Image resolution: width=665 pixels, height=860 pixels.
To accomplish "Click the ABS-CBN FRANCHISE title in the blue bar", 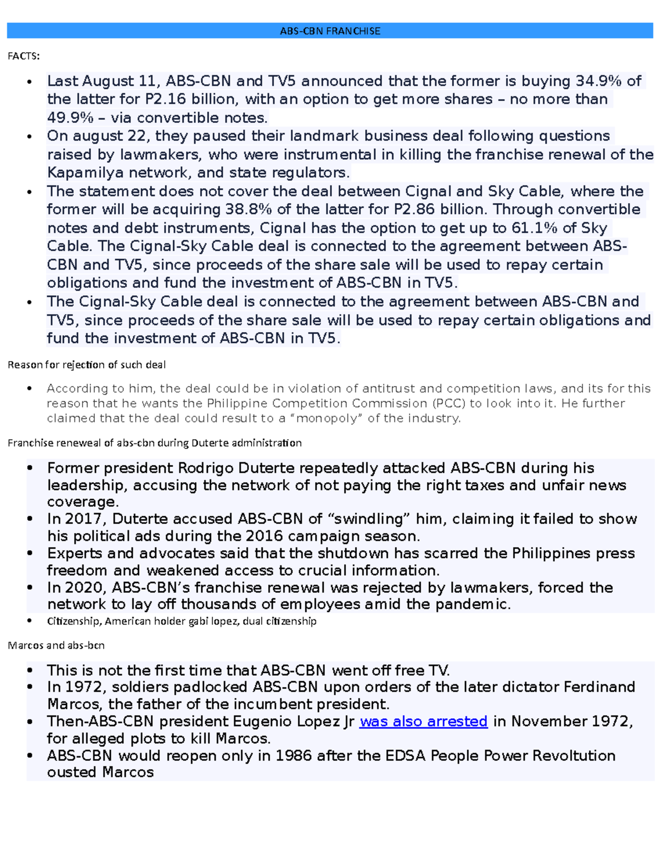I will [x=330, y=31].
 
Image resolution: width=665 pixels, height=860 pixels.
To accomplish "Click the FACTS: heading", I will [x=23, y=56].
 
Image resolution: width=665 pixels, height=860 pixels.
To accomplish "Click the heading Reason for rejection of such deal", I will [x=86, y=365].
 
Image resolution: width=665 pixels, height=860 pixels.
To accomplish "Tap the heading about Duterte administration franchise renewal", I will [x=155, y=443].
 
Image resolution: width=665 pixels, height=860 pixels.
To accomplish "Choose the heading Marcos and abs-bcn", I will [x=56, y=646].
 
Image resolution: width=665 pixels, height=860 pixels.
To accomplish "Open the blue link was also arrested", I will [x=423, y=722].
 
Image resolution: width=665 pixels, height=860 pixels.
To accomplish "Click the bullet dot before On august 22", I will [x=30, y=137].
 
